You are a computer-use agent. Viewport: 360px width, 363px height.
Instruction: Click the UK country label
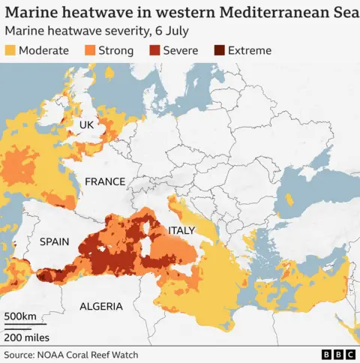coord(86,124)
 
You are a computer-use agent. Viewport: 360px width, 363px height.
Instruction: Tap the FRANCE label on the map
coord(105,181)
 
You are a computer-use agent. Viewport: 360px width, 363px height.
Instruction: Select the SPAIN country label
coord(54,242)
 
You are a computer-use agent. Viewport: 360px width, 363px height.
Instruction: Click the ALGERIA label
coord(101,306)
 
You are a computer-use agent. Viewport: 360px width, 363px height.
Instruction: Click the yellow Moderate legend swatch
coord(10,51)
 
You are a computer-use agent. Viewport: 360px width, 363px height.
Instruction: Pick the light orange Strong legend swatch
coord(89,51)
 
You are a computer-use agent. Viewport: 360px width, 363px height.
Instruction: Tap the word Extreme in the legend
coord(250,51)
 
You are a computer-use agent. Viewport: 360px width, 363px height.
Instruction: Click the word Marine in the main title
coord(30,13)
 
